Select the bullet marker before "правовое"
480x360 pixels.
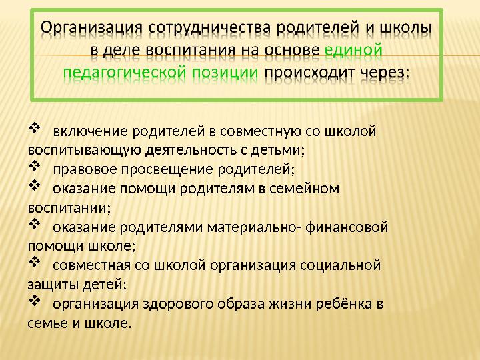[x=35, y=167]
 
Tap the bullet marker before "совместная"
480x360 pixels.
[x=35, y=264]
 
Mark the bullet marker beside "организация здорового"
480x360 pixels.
[x=35, y=303]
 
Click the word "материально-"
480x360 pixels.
[x=255, y=227]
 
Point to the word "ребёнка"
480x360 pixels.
[x=341, y=305]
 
